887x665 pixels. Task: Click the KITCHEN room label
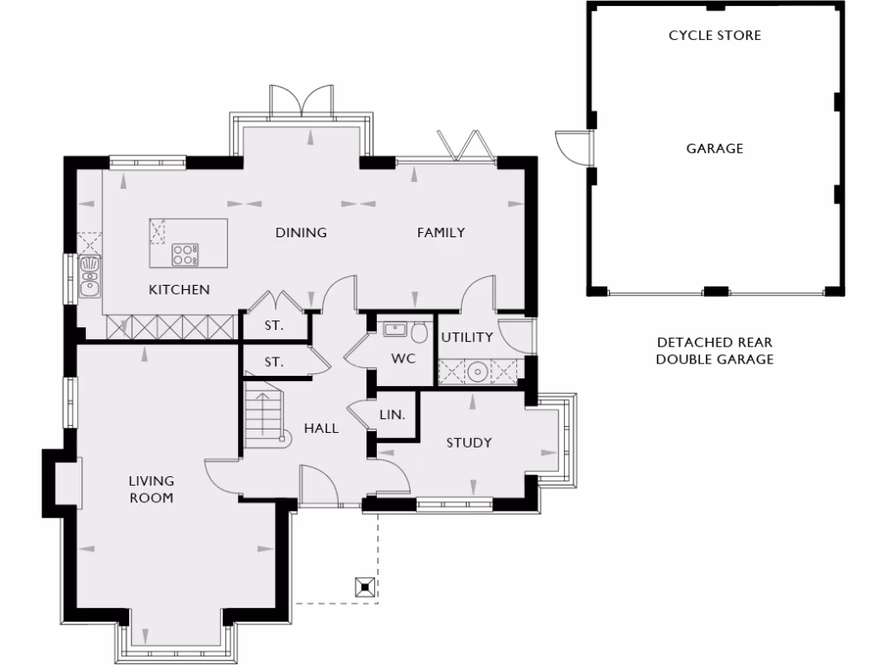[179, 289]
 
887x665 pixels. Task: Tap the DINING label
[301, 232]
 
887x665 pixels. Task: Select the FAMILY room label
[441, 232]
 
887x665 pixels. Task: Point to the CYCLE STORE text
[715, 36]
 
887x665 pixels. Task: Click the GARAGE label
[715, 148]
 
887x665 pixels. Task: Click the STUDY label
[469, 442]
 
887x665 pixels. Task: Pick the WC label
[404, 358]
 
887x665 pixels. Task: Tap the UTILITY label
[467, 337]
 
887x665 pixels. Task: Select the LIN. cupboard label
[392, 415]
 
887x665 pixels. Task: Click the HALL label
[320, 428]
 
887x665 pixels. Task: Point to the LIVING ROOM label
[152, 488]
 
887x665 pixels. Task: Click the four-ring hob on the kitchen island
[185, 254]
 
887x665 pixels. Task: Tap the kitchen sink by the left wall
[90, 275]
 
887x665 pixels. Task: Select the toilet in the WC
[420, 332]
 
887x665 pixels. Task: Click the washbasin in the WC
[395, 328]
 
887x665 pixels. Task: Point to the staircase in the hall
[262, 414]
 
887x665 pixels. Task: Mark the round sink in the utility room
[476, 371]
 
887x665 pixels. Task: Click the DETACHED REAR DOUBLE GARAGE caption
[715, 351]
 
